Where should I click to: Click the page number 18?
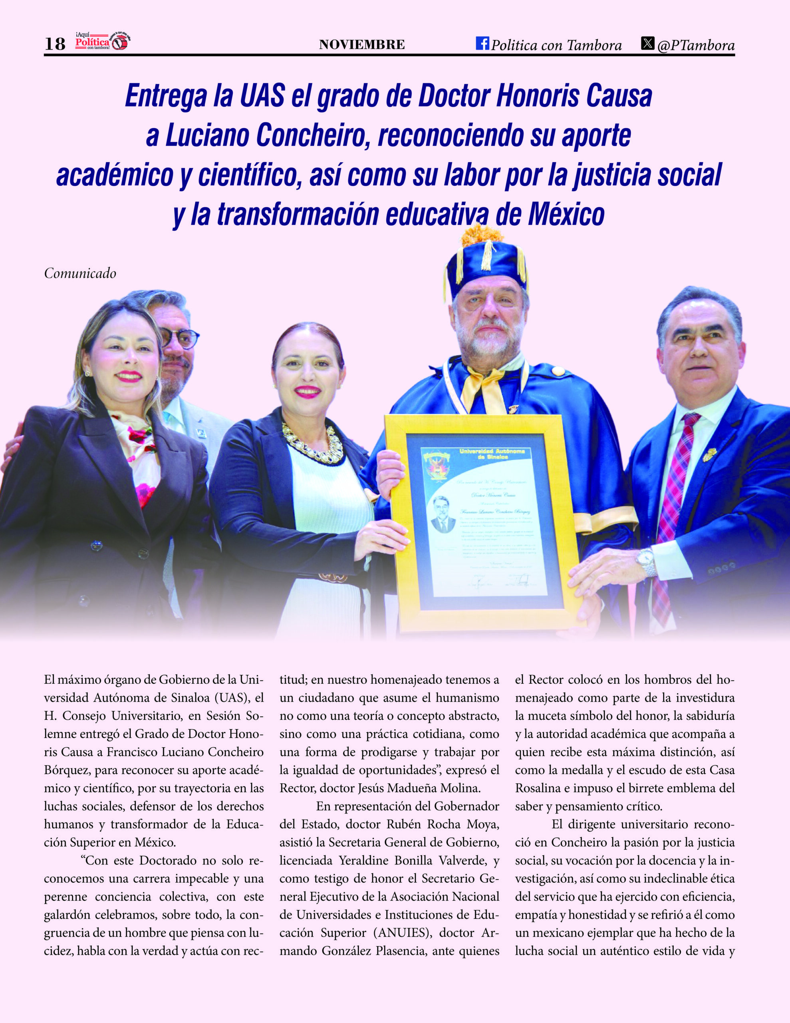click(55, 44)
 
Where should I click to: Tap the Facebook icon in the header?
click(482, 43)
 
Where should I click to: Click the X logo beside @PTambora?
click(648, 44)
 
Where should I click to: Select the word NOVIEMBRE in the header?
click(361, 45)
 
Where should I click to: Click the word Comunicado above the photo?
click(80, 274)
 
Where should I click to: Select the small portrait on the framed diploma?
click(443, 514)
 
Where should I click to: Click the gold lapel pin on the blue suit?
click(709, 454)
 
